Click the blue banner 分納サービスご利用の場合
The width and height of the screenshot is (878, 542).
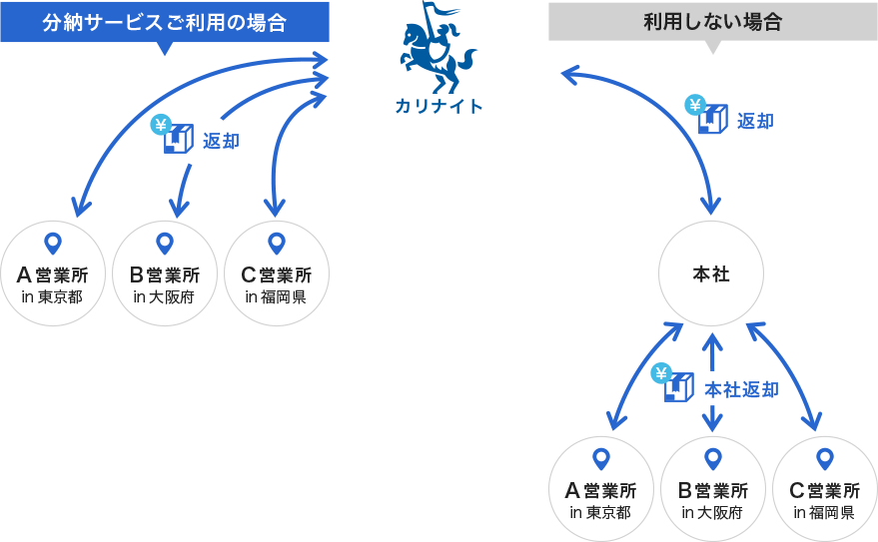[x=164, y=22]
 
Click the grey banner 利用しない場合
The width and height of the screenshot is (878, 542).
[x=712, y=21]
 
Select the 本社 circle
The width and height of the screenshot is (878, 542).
[x=711, y=274]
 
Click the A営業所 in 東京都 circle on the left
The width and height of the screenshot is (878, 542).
[x=53, y=273]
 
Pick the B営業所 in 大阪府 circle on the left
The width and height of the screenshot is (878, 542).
[x=165, y=273]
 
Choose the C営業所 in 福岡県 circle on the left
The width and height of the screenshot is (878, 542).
[x=277, y=273]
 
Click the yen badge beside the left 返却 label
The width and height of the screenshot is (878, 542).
[x=161, y=125]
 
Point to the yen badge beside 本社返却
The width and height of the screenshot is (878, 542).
[x=661, y=373]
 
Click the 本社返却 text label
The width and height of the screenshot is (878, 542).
[x=741, y=389]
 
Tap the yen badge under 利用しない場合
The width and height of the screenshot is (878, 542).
[x=695, y=105]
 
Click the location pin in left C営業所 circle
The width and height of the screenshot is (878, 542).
[x=277, y=243]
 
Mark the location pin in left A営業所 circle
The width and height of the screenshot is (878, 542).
[x=53, y=243]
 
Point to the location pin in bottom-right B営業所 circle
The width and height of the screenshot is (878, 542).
[x=712, y=458]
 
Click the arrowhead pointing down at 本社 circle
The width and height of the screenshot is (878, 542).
[x=710, y=207]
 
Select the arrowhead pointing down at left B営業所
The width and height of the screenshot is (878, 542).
[x=179, y=208]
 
